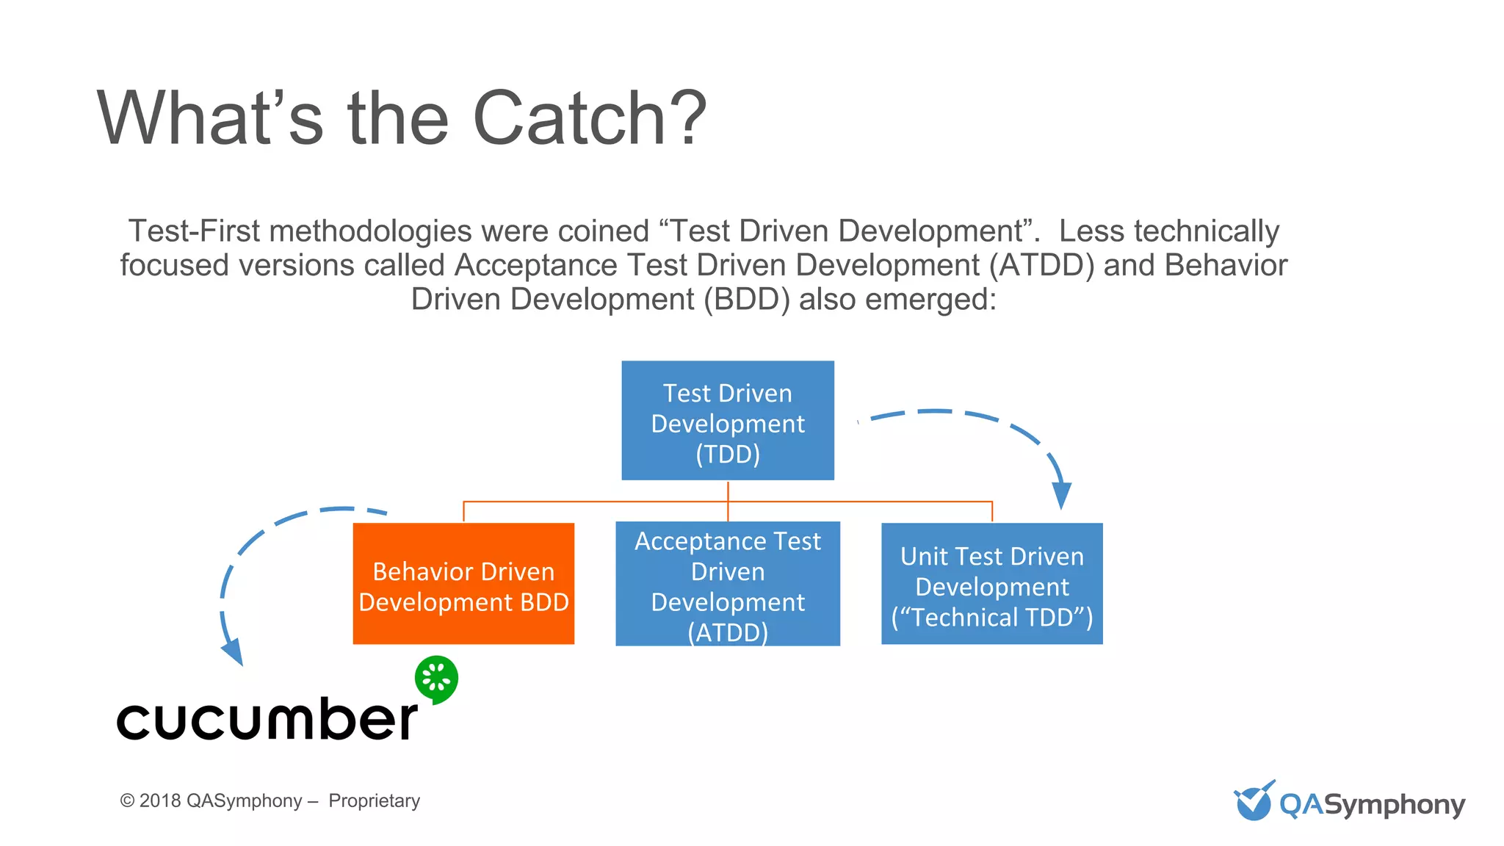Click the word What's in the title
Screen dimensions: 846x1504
(x=209, y=119)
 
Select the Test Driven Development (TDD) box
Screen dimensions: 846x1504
(x=727, y=421)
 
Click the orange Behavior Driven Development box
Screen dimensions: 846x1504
(x=463, y=584)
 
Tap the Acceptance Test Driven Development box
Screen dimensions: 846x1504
(x=727, y=584)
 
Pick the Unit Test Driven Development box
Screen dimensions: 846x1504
(x=991, y=584)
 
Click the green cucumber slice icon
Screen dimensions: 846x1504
(x=436, y=679)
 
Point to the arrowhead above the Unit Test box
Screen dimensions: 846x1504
(x=1061, y=496)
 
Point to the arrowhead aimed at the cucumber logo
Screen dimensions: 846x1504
(x=234, y=652)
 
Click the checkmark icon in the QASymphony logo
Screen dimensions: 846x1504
(x=1253, y=801)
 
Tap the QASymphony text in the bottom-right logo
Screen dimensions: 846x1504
(x=1372, y=806)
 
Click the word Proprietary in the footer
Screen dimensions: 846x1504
(x=374, y=801)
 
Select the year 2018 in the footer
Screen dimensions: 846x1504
(x=159, y=801)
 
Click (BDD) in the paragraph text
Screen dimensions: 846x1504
(x=746, y=300)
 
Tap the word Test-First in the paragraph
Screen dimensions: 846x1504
(x=194, y=232)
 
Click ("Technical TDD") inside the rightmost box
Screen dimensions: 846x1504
(x=991, y=618)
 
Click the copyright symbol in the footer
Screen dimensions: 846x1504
(x=127, y=801)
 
